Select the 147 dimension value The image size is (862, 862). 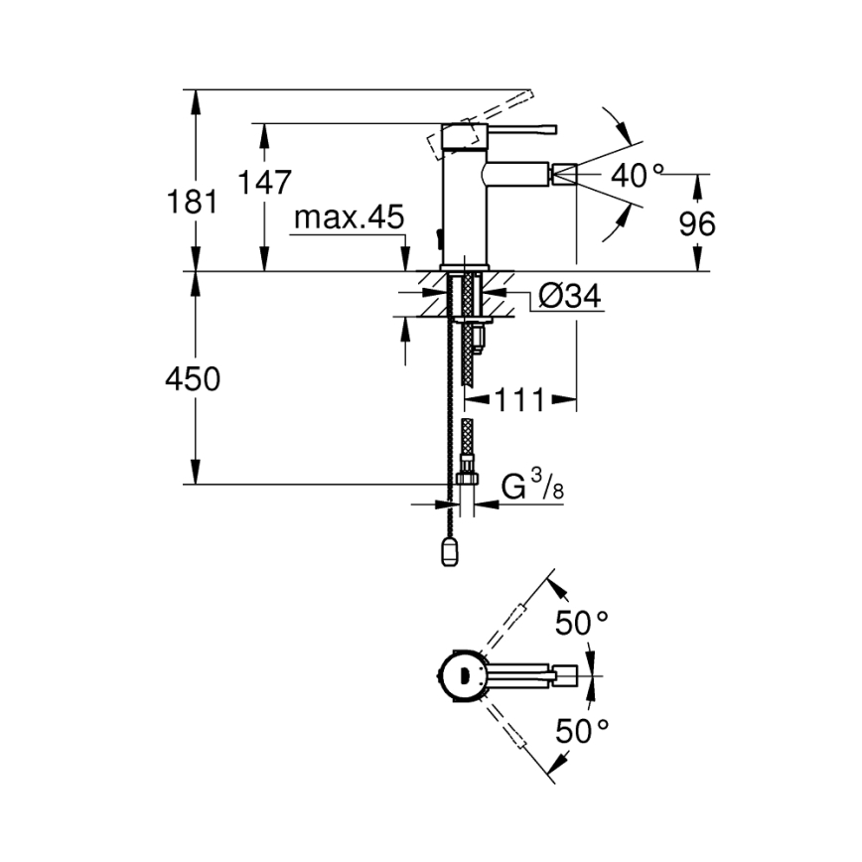coord(265,183)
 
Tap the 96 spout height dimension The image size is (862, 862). coord(696,224)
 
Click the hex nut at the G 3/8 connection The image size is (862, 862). coord(466,481)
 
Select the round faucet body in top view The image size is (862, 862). coord(461,677)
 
